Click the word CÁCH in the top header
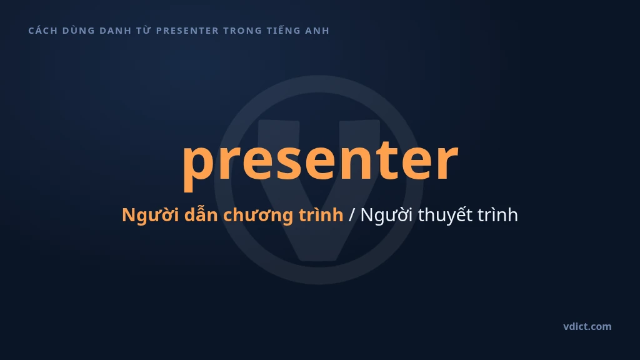click(43, 30)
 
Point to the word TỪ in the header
click(144, 30)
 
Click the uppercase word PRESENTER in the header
click(187, 31)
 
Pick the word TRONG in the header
click(243, 31)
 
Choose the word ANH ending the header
click(317, 31)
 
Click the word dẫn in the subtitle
click(201, 214)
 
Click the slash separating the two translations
click(352, 215)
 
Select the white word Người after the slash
click(386, 215)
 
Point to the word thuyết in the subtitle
click(445, 215)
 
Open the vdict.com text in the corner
click(587, 326)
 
